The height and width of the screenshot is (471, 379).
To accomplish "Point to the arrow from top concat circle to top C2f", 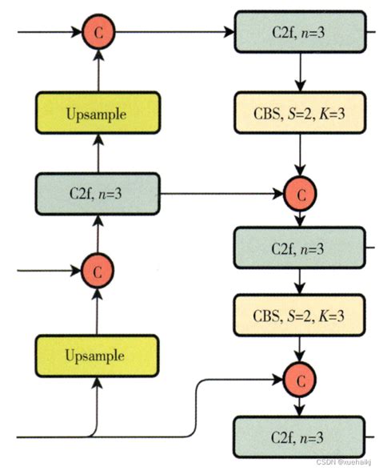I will (x=172, y=33).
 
